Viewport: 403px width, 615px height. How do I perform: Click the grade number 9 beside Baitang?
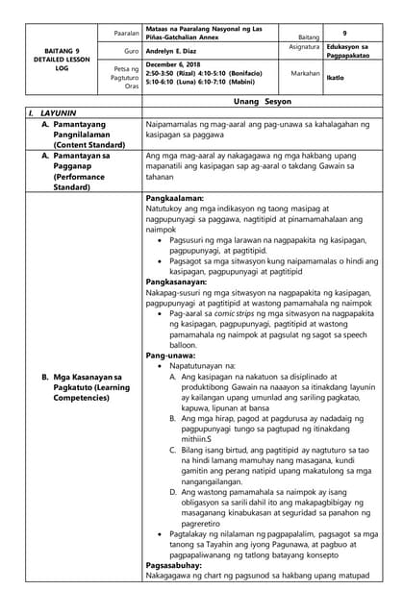(x=343, y=32)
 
